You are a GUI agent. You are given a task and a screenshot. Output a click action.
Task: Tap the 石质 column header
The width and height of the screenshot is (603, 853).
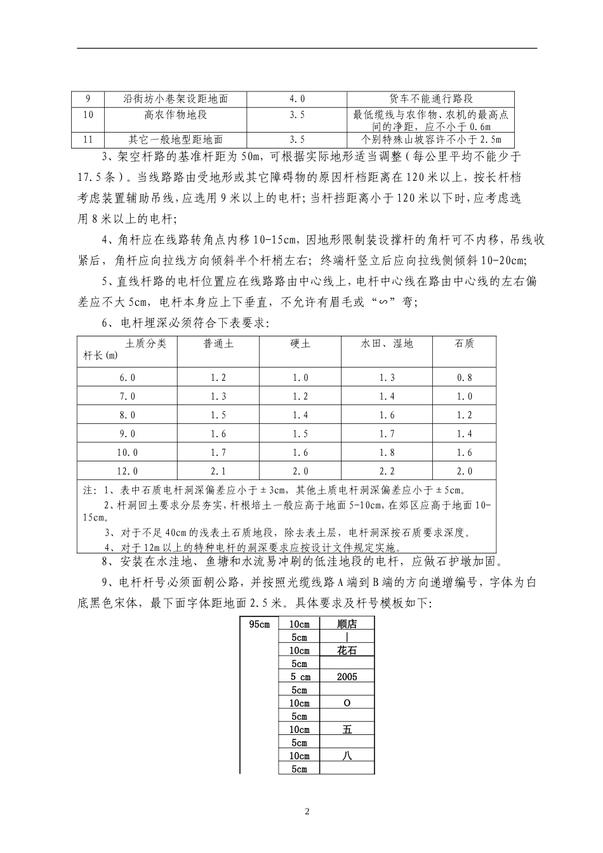[465, 344]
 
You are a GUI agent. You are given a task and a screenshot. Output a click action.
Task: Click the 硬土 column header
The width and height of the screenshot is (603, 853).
[300, 344]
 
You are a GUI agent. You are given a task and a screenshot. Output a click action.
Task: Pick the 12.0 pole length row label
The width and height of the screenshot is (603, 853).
[128, 471]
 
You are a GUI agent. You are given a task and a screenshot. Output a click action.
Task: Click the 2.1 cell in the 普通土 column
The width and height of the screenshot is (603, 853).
[218, 471]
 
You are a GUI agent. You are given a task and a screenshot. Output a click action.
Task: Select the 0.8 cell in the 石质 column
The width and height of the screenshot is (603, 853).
[465, 378]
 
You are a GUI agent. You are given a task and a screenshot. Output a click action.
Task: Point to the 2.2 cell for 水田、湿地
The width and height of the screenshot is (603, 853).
[387, 471]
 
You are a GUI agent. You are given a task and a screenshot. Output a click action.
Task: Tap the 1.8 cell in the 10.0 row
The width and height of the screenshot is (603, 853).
[387, 453]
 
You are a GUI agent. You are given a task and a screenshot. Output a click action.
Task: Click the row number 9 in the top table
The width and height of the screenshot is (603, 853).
[88, 99]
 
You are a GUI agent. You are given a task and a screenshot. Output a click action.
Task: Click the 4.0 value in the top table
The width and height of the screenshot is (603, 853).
[296, 99]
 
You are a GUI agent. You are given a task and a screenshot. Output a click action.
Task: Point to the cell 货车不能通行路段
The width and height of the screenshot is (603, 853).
[431, 99]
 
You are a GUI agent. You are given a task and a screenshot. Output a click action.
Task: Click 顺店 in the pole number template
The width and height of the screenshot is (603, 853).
[347, 624]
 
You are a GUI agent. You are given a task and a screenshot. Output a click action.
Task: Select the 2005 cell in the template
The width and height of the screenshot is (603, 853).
[347, 677]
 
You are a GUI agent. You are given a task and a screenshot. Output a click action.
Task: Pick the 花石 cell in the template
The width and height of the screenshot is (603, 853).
[347, 651]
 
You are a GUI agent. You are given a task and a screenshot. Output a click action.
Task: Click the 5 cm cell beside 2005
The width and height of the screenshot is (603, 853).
[299, 677]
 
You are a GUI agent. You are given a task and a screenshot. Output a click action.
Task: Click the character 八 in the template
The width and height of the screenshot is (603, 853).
[347, 756]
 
